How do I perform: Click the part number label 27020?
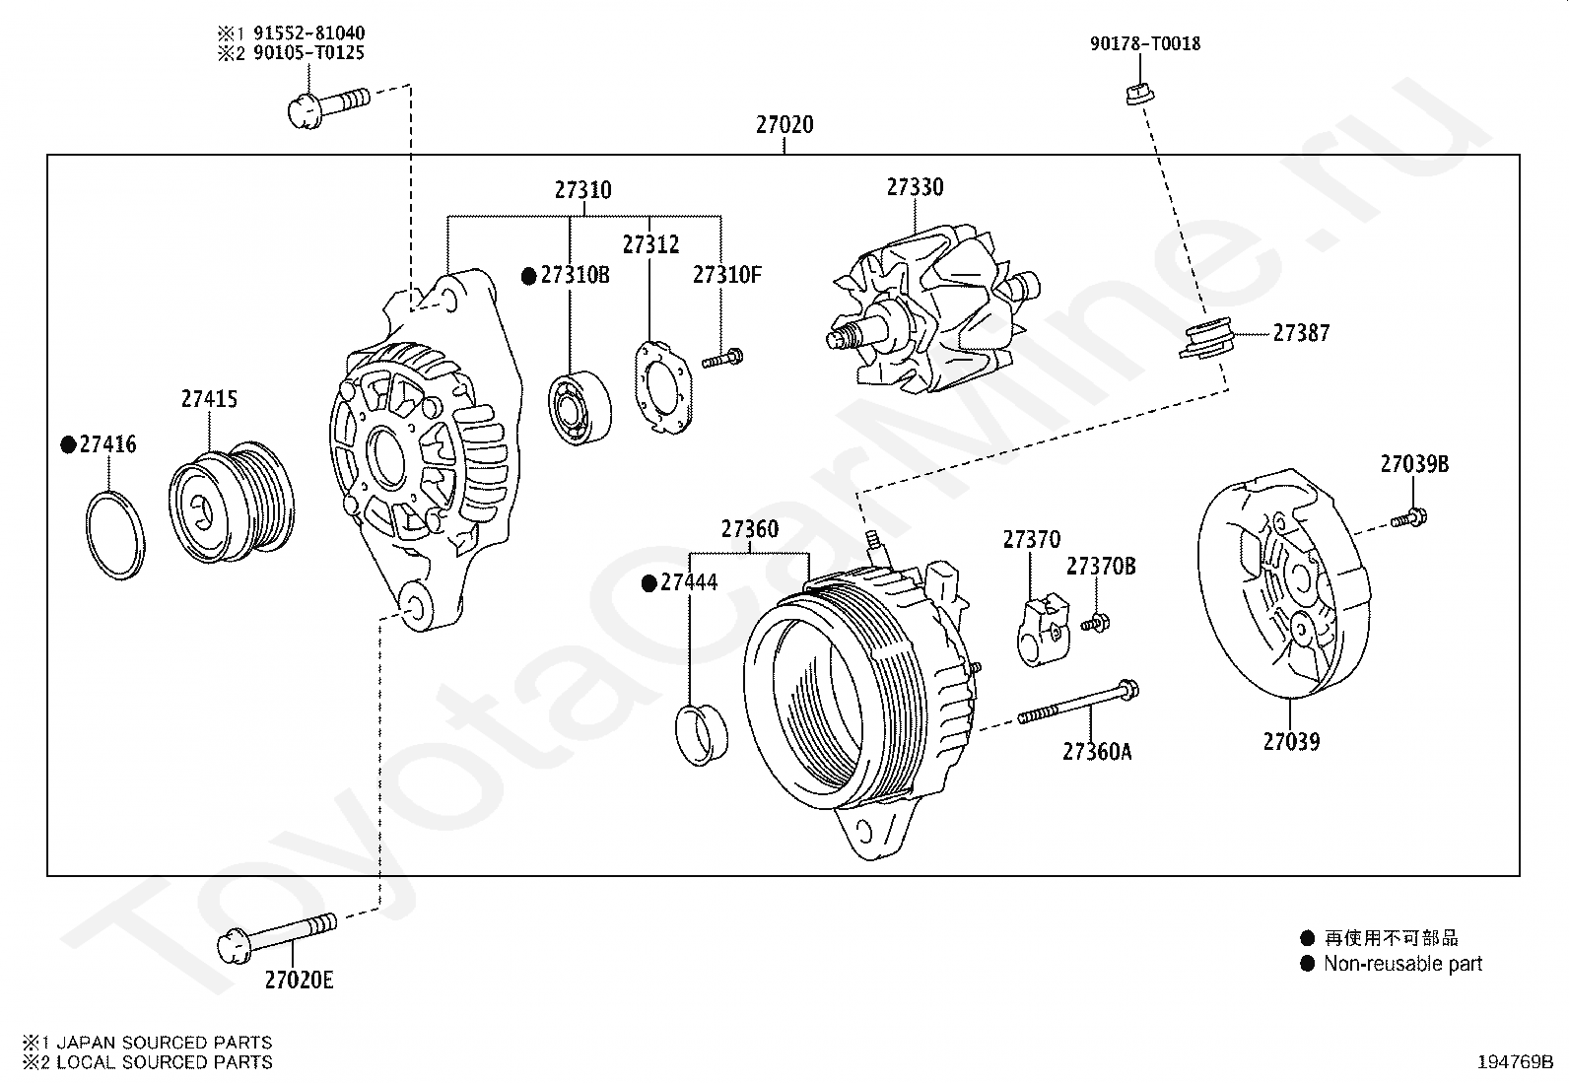pos(784,125)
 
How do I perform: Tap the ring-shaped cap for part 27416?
pos(115,533)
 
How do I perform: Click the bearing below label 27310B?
pos(579,407)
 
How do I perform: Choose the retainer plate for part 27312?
pos(660,385)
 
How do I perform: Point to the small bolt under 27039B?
pos(1410,516)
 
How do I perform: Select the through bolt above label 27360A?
pos(1079,701)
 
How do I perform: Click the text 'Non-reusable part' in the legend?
pos(1402,964)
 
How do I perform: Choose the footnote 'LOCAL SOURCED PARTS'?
pos(164,1062)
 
